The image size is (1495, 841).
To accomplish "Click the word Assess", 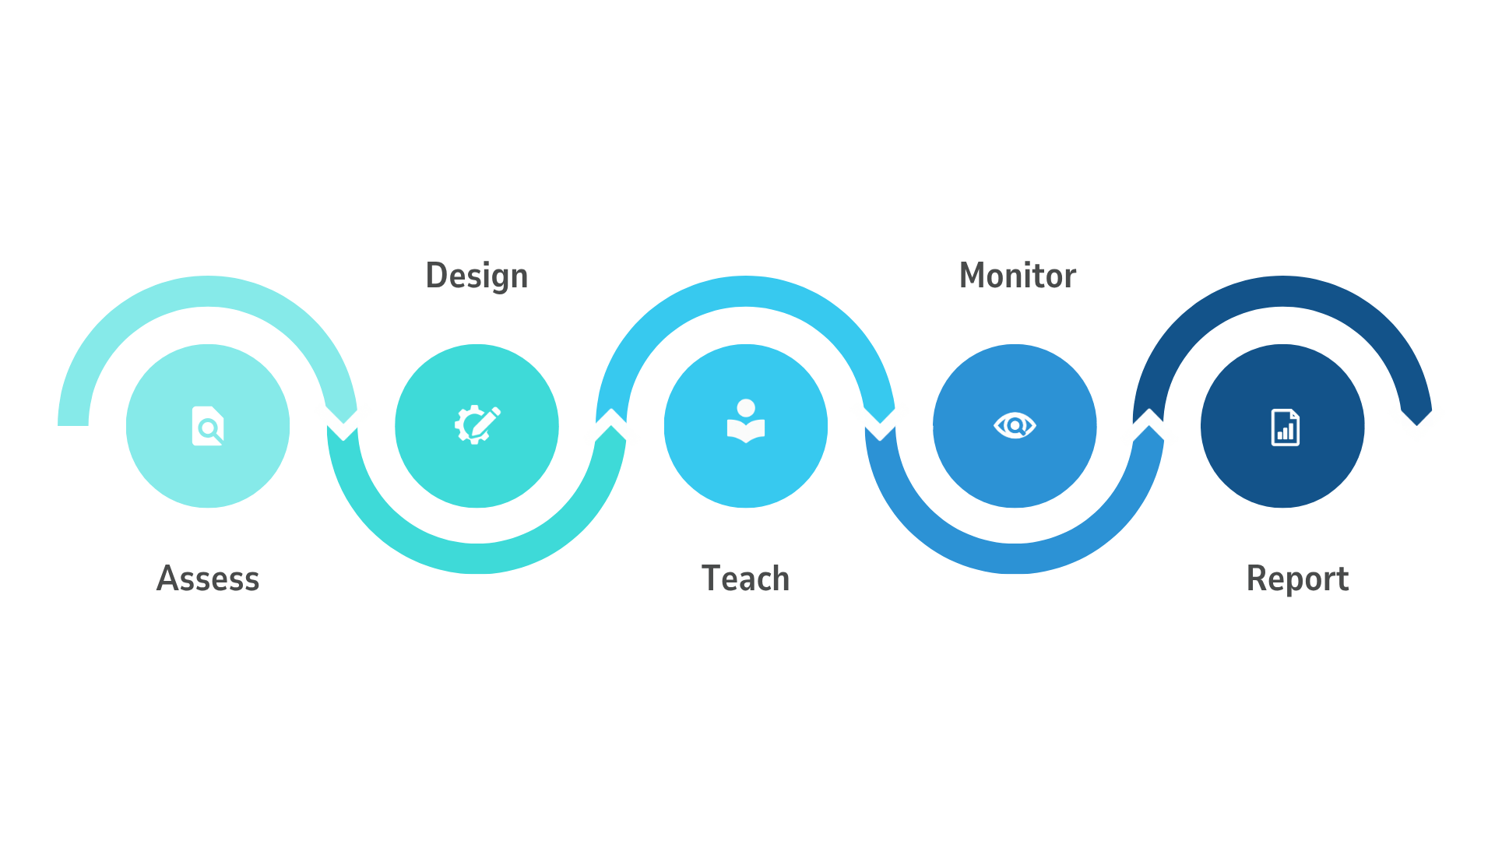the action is pyautogui.click(x=208, y=579).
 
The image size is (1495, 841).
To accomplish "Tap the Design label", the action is pyautogui.click(x=477, y=276).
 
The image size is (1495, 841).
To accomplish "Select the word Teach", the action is pyautogui.click(x=745, y=579).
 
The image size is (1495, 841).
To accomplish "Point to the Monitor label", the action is pyautogui.click(x=1017, y=276).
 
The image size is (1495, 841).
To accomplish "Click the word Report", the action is pyautogui.click(x=1297, y=579).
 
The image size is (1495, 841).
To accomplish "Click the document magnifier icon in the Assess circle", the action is pyautogui.click(x=208, y=426).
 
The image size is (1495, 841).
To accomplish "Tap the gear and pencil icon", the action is pyautogui.click(x=477, y=425).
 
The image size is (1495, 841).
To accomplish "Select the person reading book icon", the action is pyautogui.click(x=746, y=421).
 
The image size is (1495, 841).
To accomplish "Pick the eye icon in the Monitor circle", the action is pyautogui.click(x=1015, y=425).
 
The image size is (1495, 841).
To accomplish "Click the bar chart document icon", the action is pyautogui.click(x=1285, y=427).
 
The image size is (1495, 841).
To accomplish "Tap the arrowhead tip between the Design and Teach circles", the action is pyautogui.click(x=612, y=425).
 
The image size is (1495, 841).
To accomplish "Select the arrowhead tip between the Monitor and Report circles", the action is pyautogui.click(x=1149, y=425).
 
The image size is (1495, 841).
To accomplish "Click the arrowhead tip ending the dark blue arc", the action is pyautogui.click(x=1417, y=425).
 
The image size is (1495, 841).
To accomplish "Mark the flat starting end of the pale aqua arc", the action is pyautogui.click(x=73, y=425).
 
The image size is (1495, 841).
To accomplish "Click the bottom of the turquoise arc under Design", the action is pyautogui.click(x=477, y=559).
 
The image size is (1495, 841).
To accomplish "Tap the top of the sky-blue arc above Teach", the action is pyautogui.click(x=746, y=291).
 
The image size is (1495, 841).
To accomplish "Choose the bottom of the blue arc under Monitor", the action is pyautogui.click(x=1015, y=559).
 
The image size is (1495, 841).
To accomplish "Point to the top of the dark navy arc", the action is pyautogui.click(x=1283, y=291).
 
